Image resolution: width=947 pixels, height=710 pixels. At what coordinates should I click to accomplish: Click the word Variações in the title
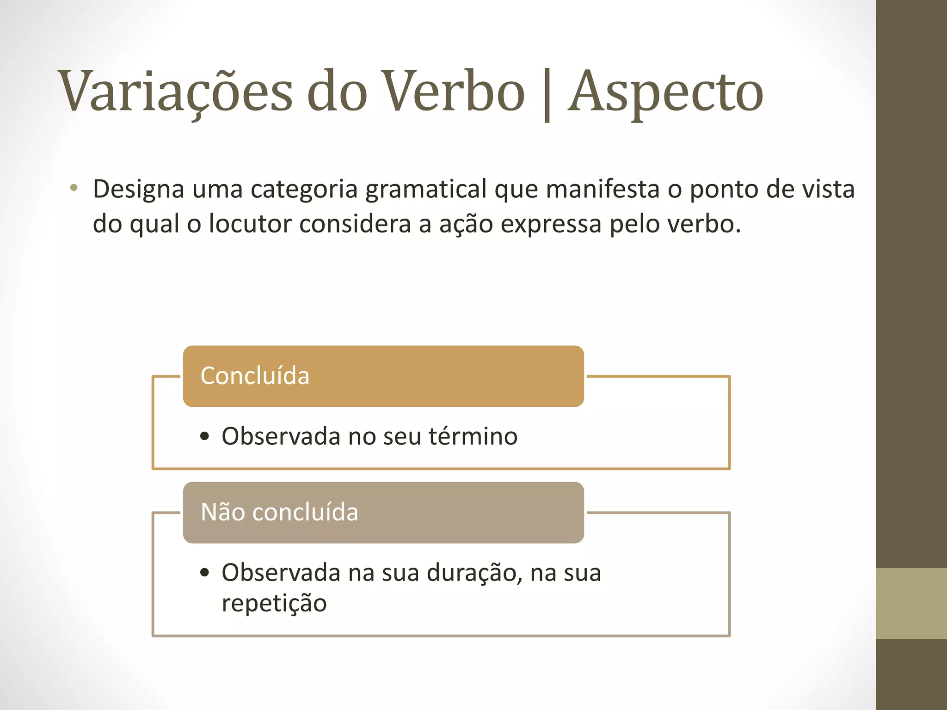tap(175, 91)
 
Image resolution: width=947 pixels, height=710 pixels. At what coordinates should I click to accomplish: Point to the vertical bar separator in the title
tap(547, 95)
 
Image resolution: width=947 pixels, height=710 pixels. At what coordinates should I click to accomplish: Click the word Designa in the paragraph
tap(139, 190)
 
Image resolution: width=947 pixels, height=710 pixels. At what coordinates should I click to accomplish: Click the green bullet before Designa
tap(74, 188)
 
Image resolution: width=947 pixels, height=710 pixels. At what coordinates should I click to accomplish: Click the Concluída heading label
tap(255, 375)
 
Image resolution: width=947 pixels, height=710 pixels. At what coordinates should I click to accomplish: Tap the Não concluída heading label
tap(279, 512)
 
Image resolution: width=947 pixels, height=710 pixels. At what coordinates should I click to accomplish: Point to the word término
tap(473, 436)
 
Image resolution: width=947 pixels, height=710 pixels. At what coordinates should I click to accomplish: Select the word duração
tap(474, 573)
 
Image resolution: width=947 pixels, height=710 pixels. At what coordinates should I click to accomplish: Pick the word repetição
tap(274, 603)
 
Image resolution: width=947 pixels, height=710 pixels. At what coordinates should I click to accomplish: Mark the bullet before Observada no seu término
tap(205, 436)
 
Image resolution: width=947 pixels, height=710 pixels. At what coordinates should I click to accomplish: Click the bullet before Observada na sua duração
tap(205, 573)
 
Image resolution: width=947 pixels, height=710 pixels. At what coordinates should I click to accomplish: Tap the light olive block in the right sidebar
tap(911, 603)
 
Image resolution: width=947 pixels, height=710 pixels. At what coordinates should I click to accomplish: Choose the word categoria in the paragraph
tap(304, 190)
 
